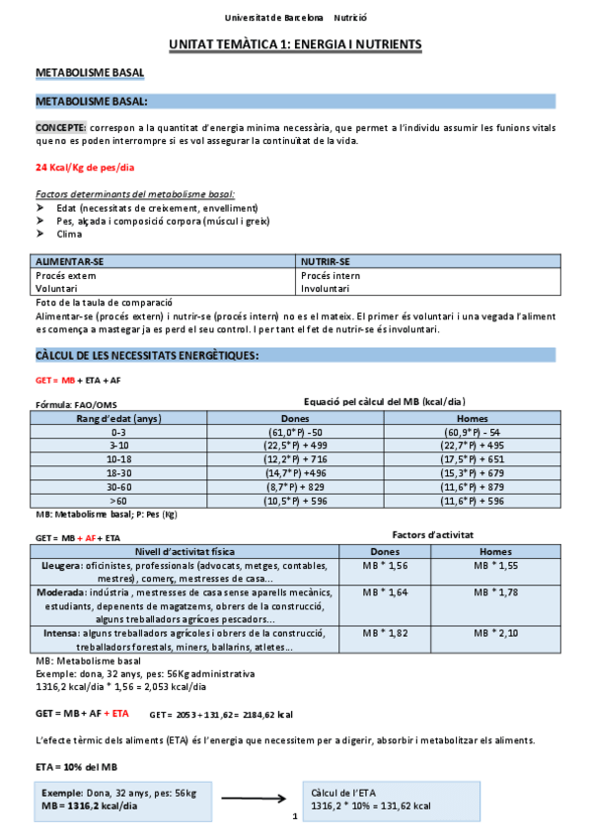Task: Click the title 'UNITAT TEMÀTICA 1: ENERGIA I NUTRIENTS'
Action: (x=295, y=45)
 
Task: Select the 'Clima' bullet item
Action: (x=70, y=234)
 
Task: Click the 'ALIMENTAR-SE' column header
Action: (x=69, y=262)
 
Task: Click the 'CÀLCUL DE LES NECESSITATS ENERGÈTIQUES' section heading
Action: (x=147, y=355)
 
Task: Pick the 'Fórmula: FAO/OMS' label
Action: (x=76, y=404)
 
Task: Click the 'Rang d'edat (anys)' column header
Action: (x=119, y=418)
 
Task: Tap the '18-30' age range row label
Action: (x=119, y=473)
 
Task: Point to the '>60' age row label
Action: (x=119, y=501)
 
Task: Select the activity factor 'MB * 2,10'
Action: (x=495, y=632)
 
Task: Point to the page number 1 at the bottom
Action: (x=294, y=817)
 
